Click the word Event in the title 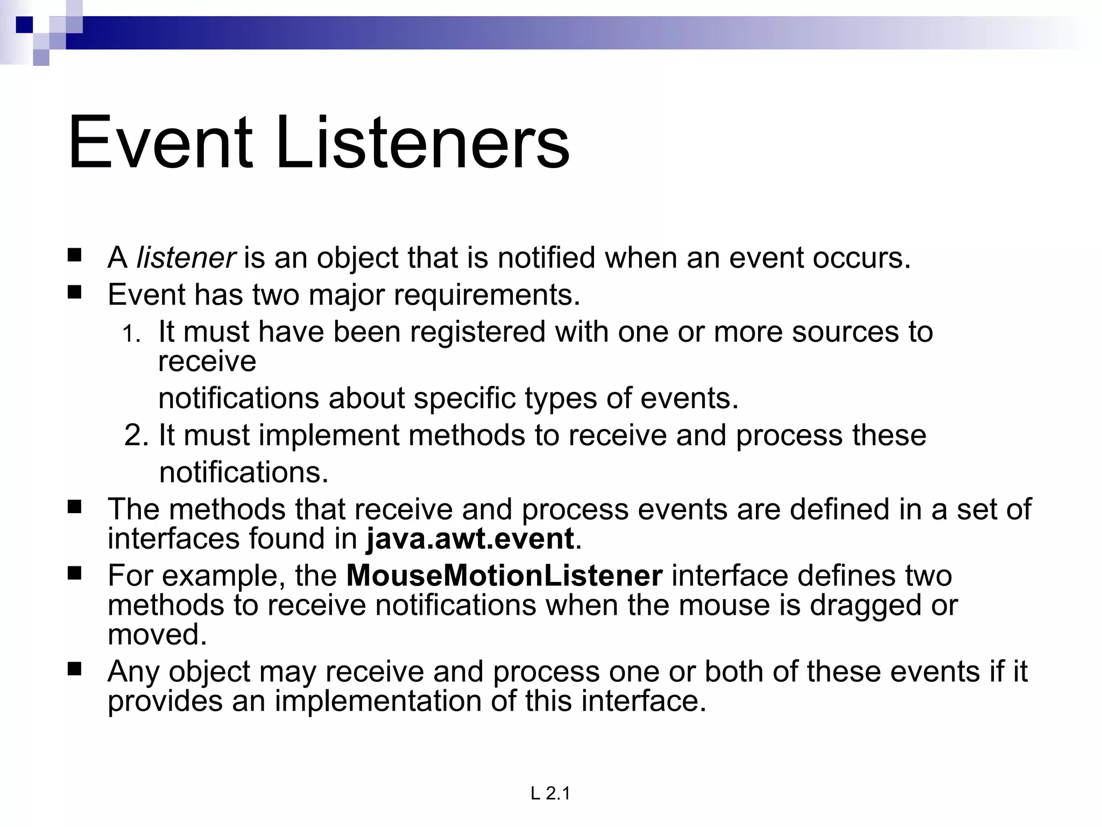click(160, 143)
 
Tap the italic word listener click(186, 258)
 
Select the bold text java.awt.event click(470, 539)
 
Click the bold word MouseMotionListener click(504, 576)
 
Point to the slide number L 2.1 click(550, 794)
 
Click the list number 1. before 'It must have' click(131, 334)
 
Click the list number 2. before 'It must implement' click(136, 435)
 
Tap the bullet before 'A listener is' click(75, 255)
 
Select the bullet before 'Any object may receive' click(75, 669)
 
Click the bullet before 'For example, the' click(75, 573)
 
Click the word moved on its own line click(157, 634)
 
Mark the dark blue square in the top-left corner click(24, 25)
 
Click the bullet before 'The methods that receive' click(75, 507)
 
